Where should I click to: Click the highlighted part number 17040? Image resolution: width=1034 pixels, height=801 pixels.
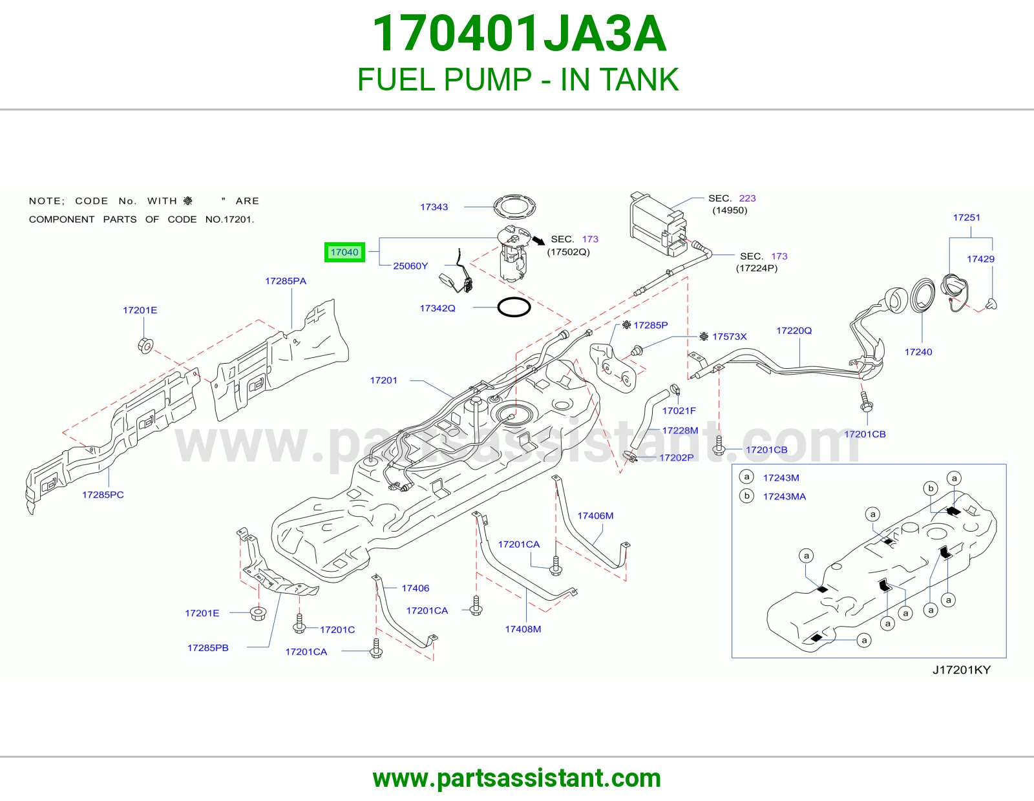pyautogui.click(x=344, y=252)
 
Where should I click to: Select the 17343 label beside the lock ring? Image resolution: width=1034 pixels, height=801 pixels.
pyautogui.click(x=434, y=207)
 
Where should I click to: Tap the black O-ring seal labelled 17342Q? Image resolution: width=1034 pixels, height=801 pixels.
pyautogui.click(x=514, y=307)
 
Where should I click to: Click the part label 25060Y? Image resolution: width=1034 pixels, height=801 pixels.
pyautogui.click(x=410, y=266)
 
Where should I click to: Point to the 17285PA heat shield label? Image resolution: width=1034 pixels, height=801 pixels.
pyautogui.click(x=286, y=281)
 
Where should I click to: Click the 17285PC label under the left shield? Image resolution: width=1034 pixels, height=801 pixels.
pyautogui.click(x=103, y=495)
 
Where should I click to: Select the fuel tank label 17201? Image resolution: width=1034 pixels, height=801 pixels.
pyautogui.click(x=383, y=380)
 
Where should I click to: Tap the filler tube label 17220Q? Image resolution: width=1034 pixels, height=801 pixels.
pyautogui.click(x=794, y=331)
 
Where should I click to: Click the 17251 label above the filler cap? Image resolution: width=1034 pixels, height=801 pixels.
pyautogui.click(x=966, y=218)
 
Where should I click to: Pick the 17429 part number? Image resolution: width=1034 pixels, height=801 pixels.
pyautogui.click(x=980, y=259)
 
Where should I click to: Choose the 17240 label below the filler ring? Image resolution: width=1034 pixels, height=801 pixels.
pyautogui.click(x=918, y=352)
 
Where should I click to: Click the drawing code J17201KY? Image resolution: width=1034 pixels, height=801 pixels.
pyautogui.click(x=961, y=670)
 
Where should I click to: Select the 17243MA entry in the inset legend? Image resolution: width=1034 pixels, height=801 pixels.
pyautogui.click(x=785, y=497)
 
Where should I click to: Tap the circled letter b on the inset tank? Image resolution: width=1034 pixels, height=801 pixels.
pyautogui.click(x=931, y=488)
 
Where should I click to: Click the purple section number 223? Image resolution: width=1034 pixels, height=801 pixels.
pyautogui.click(x=747, y=198)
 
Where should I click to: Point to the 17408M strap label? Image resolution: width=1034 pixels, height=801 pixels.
pyautogui.click(x=523, y=629)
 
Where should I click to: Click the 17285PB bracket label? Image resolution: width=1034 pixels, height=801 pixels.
pyautogui.click(x=208, y=648)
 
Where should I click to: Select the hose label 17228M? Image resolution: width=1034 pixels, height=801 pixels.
pyautogui.click(x=680, y=430)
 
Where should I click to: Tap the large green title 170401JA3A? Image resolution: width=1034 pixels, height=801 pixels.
pyautogui.click(x=519, y=34)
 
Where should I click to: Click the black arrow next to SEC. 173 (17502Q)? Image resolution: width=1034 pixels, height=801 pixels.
pyautogui.click(x=538, y=240)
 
